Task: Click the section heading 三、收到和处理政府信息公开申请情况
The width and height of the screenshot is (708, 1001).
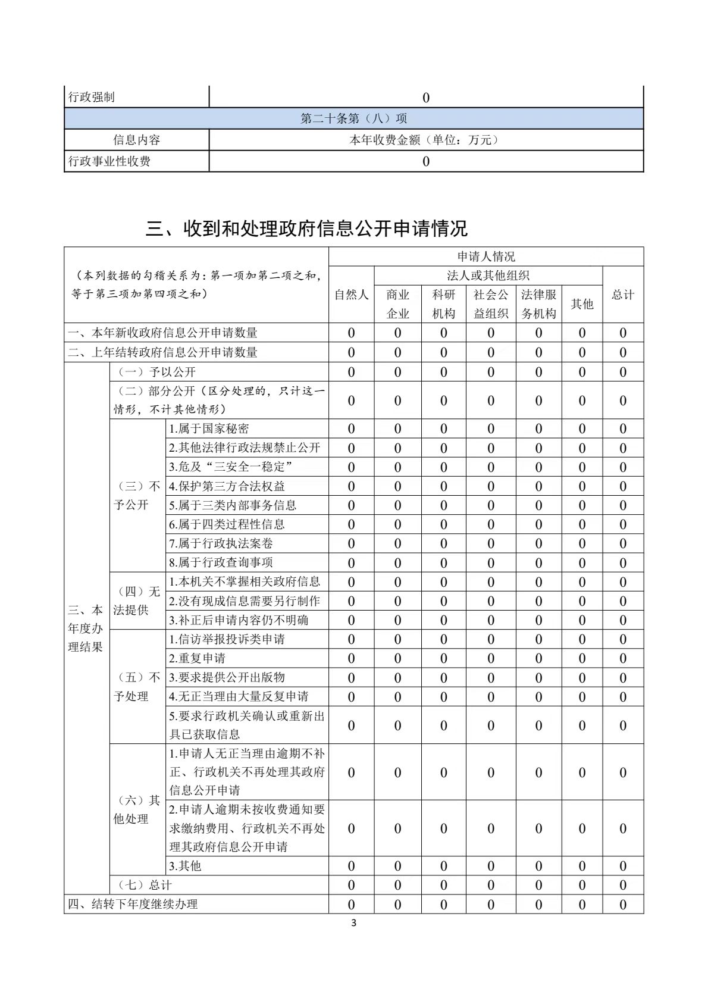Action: click(x=306, y=229)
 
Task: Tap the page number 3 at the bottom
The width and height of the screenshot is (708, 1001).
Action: click(x=354, y=924)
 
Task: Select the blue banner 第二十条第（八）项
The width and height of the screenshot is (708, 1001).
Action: click(x=353, y=118)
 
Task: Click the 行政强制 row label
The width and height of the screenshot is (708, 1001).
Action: click(x=92, y=97)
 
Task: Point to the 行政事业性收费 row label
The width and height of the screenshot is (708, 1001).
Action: click(x=109, y=161)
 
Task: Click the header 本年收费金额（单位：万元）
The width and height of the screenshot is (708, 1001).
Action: click(x=425, y=140)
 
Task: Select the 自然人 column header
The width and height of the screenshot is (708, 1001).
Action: click(x=351, y=295)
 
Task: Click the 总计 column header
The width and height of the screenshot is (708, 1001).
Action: click(x=623, y=295)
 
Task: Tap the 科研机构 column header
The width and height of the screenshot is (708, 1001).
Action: click(x=443, y=304)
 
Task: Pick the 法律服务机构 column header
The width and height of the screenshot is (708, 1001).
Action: click(x=538, y=304)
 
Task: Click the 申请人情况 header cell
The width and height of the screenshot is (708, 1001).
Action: click(x=486, y=256)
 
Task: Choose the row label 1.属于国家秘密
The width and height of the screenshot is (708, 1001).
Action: click(x=209, y=428)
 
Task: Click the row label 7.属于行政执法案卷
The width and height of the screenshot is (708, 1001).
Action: click(x=221, y=543)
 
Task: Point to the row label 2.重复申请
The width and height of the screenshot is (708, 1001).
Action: click(x=197, y=658)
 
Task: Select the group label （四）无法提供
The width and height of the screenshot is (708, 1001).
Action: click(x=137, y=600)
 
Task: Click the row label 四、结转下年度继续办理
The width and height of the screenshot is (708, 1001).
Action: click(x=133, y=904)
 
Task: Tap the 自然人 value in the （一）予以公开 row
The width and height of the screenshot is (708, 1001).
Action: click(x=351, y=372)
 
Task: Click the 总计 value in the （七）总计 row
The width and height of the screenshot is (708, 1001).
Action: click(x=623, y=885)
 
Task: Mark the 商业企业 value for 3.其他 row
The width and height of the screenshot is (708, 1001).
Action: click(x=397, y=866)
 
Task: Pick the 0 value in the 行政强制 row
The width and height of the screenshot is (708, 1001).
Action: click(x=425, y=98)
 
